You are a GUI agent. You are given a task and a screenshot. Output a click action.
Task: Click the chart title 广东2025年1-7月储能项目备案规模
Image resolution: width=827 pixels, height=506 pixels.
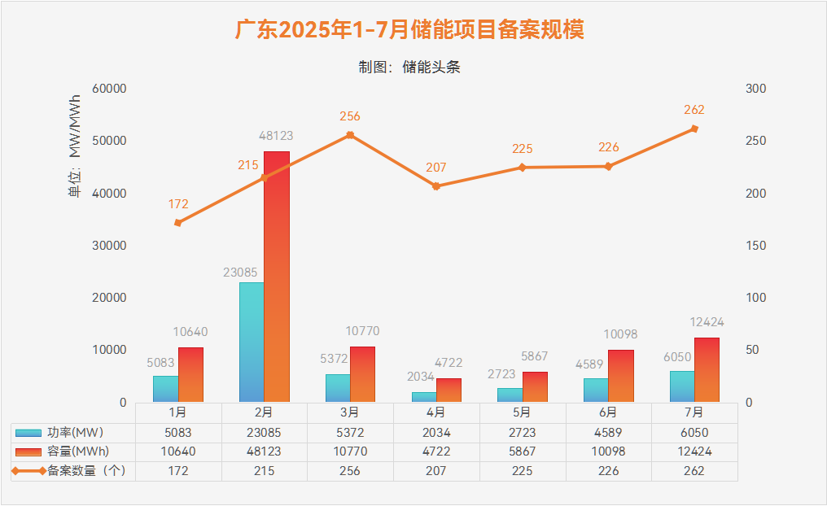pos(409,31)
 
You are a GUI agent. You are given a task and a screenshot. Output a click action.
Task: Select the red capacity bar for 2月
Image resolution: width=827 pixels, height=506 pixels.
pos(277,277)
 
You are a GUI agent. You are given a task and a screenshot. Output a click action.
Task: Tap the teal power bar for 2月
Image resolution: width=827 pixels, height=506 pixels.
pos(252,342)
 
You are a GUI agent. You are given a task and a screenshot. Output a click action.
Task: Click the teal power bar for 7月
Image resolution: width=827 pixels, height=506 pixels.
pos(682,386)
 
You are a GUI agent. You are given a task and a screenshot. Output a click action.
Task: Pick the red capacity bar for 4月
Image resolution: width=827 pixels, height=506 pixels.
pos(449,390)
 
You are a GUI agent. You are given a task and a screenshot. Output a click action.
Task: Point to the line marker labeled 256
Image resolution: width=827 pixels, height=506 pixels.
pos(350,135)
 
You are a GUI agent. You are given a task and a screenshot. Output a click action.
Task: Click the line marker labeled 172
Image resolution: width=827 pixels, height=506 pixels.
pos(178,222)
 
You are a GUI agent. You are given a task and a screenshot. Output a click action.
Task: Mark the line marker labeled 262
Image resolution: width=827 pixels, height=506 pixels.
pos(694,129)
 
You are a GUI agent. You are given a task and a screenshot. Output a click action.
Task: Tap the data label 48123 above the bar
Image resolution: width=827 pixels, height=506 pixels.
pos(276,136)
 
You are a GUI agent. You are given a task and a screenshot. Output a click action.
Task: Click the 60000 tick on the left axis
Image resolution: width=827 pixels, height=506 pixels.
pos(110,89)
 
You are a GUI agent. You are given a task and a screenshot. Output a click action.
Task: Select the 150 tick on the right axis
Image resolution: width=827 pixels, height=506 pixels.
pos(756,246)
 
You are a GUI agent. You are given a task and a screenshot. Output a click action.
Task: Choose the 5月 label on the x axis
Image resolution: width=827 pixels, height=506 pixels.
pos(523,412)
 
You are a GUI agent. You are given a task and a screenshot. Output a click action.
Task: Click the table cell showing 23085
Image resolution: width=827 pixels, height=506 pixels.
pos(264,432)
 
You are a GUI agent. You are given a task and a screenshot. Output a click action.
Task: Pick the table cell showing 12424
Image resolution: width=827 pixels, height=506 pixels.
pos(694,451)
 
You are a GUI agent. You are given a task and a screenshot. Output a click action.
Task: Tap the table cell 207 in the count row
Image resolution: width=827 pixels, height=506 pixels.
pos(436,471)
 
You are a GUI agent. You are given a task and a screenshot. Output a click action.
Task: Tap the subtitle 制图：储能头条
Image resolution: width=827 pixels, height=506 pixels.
pos(409,68)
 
